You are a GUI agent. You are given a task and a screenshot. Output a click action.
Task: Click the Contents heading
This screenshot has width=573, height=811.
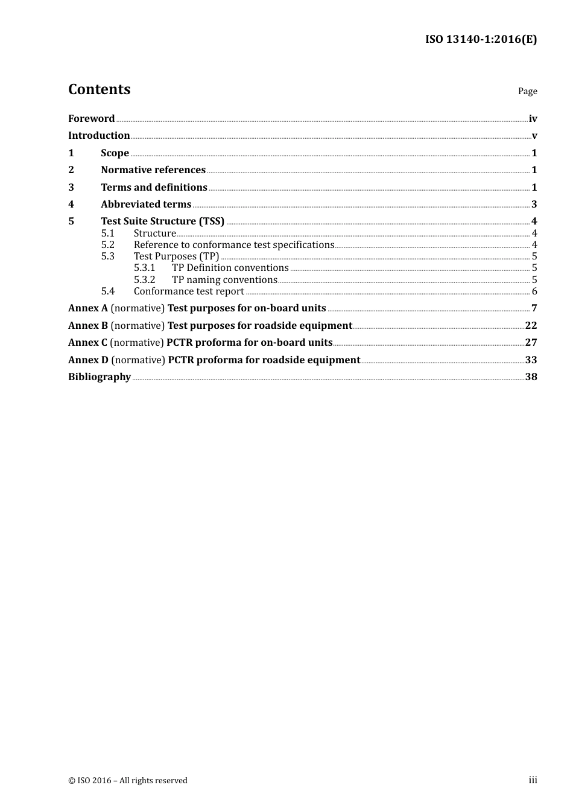click(x=99, y=89)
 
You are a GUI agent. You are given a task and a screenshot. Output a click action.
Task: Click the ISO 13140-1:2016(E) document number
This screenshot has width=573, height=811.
click(x=481, y=39)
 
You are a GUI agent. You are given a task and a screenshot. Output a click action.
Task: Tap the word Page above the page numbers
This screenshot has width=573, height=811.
click(x=527, y=91)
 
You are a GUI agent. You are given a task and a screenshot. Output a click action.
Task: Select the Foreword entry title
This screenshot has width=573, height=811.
click(x=91, y=118)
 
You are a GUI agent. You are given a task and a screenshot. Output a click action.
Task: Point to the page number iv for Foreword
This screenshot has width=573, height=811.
click(x=533, y=118)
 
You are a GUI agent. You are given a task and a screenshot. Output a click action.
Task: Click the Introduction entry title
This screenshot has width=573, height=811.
click(x=99, y=135)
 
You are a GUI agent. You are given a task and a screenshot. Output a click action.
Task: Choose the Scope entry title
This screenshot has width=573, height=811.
click(x=115, y=153)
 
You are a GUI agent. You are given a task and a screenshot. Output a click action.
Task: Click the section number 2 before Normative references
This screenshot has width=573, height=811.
click(x=71, y=170)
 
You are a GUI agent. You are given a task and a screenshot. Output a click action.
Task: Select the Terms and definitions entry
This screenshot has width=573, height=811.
click(x=154, y=187)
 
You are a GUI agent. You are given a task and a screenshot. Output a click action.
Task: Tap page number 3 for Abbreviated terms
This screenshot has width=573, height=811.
click(x=534, y=204)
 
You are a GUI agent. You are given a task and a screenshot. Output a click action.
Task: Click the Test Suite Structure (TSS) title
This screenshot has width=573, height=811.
click(x=162, y=221)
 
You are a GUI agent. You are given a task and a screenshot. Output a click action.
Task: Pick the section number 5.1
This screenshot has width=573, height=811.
click(x=107, y=233)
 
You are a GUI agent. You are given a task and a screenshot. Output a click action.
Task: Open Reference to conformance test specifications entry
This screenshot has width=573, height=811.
click(x=233, y=244)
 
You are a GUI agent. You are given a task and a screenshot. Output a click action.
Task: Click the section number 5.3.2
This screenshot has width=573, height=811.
click(x=144, y=279)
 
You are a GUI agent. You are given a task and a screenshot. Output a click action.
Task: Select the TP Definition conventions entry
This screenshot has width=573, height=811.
click(x=230, y=267)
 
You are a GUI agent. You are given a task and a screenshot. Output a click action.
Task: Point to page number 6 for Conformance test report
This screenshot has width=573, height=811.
click(x=534, y=291)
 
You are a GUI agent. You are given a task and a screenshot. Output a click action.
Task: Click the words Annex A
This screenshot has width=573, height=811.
click(x=88, y=308)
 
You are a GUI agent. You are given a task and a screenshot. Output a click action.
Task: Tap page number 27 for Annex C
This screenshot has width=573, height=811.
click(x=531, y=342)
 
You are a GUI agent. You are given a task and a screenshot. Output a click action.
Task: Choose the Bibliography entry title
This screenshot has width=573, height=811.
click(x=100, y=377)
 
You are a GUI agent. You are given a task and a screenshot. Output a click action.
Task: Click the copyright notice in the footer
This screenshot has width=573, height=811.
click(x=128, y=780)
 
